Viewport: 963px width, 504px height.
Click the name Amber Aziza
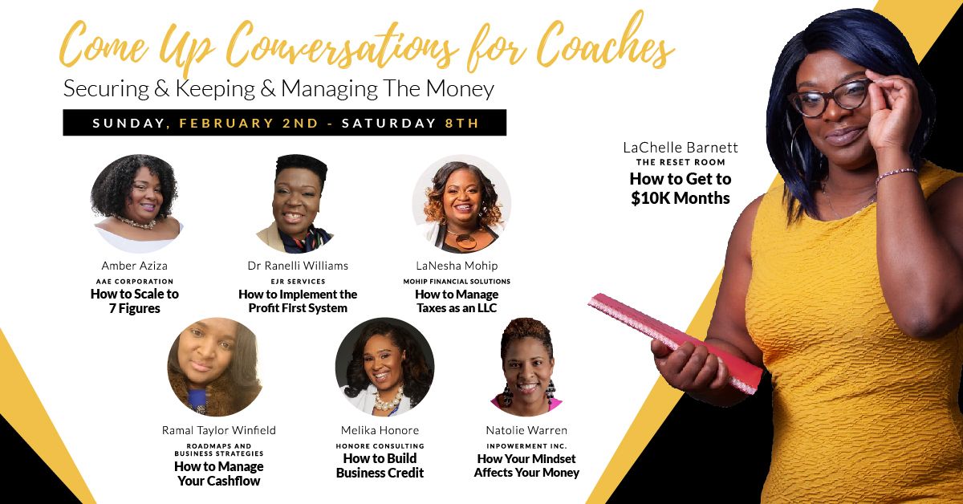coord(135,266)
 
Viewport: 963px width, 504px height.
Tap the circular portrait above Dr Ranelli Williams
coord(297,203)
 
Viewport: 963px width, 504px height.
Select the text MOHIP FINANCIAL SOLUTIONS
coord(457,282)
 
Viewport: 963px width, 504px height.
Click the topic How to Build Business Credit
coord(380,465)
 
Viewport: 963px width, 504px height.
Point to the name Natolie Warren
coord(526,430)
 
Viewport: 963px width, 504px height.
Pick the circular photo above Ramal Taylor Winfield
coord(214,367)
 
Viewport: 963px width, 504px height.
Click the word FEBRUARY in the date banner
coord(226,123)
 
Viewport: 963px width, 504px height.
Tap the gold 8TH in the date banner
coord(461,123)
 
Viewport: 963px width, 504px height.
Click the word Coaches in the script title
coord(605,45)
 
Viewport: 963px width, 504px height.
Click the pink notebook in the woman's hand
coord(675,343)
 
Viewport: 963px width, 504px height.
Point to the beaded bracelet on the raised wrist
coord(896,175)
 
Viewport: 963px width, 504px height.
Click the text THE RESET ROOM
coord(681,162)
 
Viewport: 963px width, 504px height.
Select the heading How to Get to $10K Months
coord(681,189)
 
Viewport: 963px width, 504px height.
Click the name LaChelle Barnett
coord(681,148)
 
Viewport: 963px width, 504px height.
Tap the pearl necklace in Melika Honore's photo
coord(388,400)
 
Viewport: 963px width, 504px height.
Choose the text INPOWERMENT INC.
coord(526,446)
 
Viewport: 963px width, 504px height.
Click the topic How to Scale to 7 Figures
coord(135,301)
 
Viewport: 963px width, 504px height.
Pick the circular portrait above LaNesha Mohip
coord(461,203)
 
